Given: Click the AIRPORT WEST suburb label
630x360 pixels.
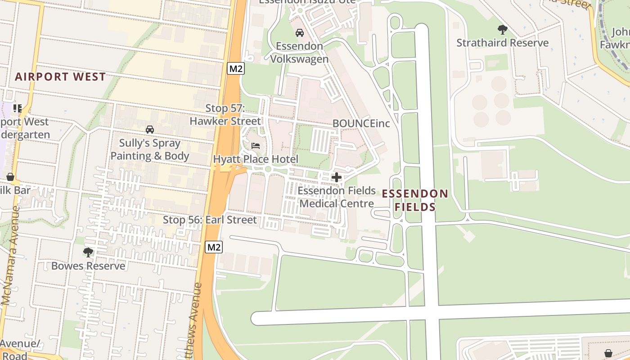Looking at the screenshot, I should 60,76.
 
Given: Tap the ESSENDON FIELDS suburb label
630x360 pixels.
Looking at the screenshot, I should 415,200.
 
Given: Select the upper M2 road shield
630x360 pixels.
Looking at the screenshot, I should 235,68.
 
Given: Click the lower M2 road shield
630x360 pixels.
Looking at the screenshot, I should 214,247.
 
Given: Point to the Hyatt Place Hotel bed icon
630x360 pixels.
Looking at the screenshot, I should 256,146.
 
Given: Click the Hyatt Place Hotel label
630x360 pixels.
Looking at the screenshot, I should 256,159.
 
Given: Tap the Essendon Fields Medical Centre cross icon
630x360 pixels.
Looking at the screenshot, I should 336,177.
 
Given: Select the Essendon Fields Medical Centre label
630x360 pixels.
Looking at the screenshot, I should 337,197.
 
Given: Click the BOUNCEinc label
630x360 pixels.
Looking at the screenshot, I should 361,123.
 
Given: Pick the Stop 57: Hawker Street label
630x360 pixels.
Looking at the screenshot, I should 225,115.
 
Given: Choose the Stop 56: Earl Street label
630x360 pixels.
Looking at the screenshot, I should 210,220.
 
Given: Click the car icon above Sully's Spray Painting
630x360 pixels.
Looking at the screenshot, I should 150,130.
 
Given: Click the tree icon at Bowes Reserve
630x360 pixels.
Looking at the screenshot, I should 88,252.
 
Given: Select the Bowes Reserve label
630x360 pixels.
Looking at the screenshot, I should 88,266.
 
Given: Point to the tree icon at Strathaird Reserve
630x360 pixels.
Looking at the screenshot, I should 503,30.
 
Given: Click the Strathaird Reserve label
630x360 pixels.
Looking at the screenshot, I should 503,43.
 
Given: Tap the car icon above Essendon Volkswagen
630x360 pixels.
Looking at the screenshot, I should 299,33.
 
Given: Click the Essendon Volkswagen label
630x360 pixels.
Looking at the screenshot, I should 299,53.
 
